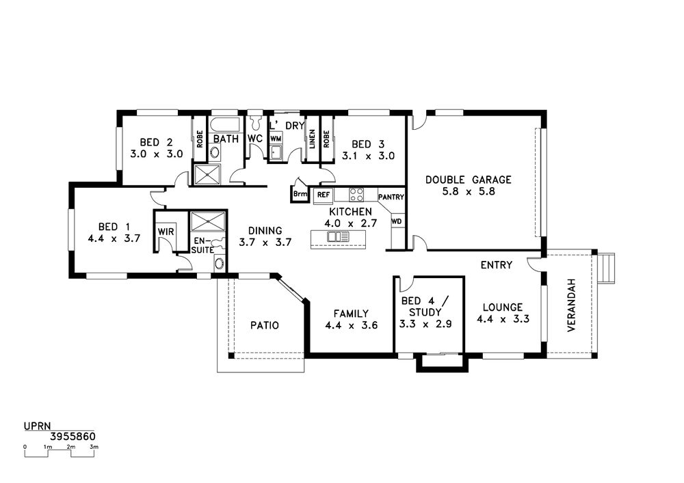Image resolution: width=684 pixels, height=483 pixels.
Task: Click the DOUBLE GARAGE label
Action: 468,180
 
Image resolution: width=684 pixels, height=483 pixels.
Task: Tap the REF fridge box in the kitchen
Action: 324,195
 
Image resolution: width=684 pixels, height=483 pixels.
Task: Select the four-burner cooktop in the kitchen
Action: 356,194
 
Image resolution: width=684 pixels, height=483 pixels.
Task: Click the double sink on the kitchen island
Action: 338,236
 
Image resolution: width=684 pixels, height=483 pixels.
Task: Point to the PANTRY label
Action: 391,197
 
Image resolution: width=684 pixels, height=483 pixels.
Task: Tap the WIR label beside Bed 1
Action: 166,232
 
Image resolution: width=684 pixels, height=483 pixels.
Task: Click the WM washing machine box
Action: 276,138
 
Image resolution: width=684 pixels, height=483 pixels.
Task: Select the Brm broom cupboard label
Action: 300,194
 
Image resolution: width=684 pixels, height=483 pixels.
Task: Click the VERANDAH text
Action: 571,305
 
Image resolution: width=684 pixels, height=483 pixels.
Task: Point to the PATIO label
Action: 265,325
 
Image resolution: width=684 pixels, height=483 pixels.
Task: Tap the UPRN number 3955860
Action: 73,437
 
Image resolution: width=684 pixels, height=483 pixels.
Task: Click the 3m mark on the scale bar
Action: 94,447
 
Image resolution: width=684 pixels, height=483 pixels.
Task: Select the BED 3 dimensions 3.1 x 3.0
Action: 368,156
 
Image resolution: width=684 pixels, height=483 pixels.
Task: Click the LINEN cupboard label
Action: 312,139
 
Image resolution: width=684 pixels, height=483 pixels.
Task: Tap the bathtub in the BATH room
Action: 226,125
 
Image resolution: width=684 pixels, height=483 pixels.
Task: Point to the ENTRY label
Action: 497,265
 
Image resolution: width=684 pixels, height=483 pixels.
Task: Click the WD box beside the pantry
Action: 397,221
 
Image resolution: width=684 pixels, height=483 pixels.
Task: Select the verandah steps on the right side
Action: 606,268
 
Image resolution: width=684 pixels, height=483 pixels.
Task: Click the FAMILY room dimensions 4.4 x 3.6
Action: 351,325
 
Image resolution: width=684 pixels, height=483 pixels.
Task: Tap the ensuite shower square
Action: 208,221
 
